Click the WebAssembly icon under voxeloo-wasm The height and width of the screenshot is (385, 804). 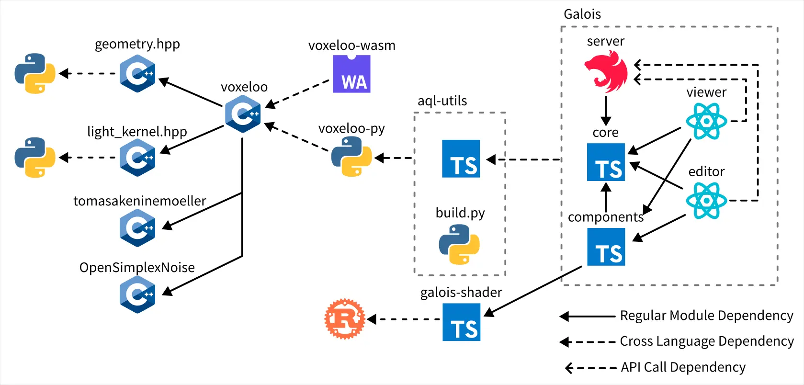pos(351,74)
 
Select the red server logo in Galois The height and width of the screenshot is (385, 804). pos(606,72)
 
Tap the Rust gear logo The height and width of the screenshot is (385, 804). pos(344,319)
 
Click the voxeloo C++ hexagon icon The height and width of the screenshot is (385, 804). pos(243,113)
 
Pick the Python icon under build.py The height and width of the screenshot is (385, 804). pos(459,244)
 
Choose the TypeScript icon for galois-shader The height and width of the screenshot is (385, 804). pos(461,322)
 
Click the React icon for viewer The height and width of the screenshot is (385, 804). pos(706,121)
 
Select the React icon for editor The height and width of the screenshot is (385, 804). pos(706,201)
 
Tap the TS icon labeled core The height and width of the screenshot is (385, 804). pos(606,162)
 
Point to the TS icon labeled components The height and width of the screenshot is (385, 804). pos(606,247)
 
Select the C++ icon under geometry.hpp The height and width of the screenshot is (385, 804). pos(137,74)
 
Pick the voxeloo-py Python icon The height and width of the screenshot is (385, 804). pos(351,157)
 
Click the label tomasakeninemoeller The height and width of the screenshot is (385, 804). pos(139,201)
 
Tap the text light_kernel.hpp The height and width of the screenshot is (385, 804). pos(137,132)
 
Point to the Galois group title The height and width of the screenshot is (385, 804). pos(582,14)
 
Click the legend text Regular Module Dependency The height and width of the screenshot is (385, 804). pos(706,316)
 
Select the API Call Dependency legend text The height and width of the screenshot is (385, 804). pos(683,367)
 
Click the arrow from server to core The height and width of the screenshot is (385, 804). pos(606,110)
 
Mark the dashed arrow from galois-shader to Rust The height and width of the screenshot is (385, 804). pos(404,319)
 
